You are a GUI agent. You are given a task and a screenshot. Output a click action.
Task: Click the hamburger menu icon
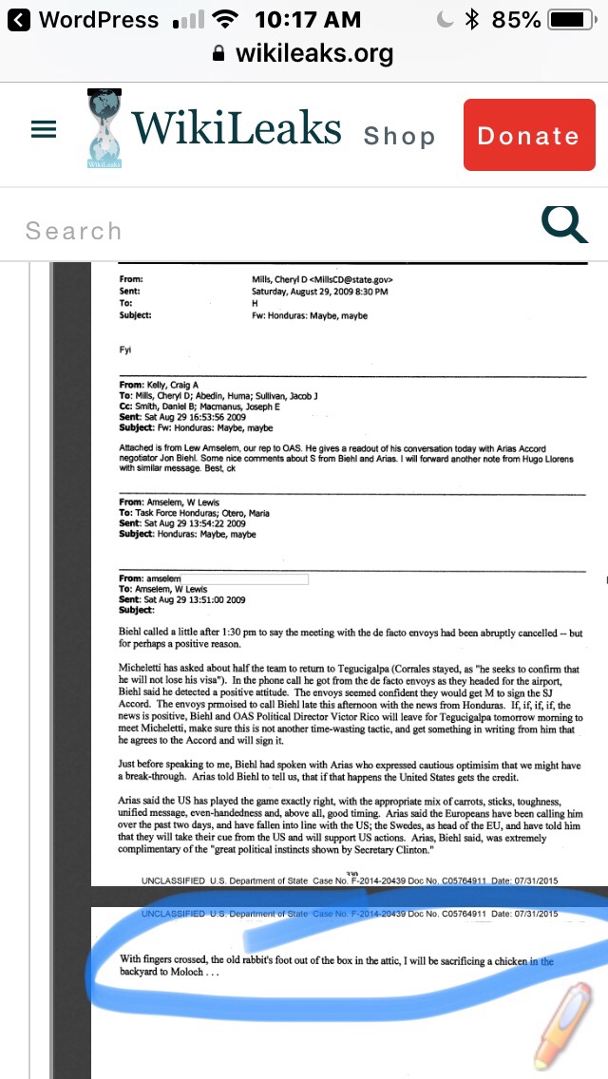pos(44,131)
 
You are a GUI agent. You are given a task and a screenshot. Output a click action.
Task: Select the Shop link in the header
pos(399,137)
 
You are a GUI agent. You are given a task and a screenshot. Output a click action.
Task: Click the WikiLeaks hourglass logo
pos(104,129)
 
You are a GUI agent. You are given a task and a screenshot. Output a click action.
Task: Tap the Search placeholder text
pos(74,231)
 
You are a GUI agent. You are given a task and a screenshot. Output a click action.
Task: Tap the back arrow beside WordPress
pos(19,19)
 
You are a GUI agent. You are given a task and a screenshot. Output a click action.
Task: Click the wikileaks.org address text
pos(313,54)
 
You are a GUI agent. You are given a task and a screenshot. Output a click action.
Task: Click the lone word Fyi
pos(125,350)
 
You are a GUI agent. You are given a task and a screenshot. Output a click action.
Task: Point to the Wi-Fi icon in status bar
pos(225,19)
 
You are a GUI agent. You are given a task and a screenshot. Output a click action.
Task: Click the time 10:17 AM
pos(308,19)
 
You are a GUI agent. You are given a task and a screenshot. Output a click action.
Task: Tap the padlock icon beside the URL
pos(219,54)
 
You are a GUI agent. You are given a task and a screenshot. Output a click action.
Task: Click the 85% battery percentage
pos(517,19)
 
